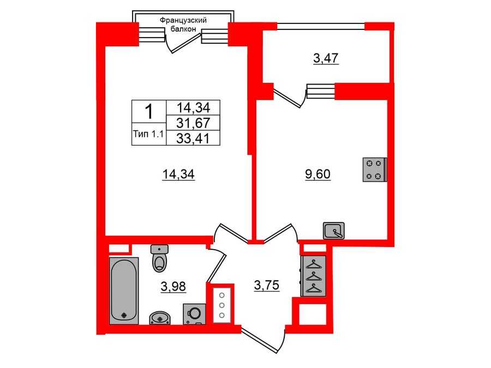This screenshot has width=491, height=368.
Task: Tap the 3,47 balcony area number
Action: pyautogui.click(x=326, y=58)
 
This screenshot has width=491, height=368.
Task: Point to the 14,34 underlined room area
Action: pyautogui.click(x=178, y=174)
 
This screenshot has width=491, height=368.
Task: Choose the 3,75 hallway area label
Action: pyautogui.click(x=267, y=285)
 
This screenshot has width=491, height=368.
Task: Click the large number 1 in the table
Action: pyautogui.click(x=147, y=112)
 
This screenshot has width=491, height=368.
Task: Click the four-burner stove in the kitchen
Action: pyautogui.click(x=375, y=170)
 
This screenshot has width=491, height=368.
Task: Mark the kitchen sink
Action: pyautogui.click(x=333, y=231)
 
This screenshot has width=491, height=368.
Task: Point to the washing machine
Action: pyautogui.click(x=194, y=313)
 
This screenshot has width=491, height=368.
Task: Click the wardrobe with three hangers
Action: pyautogui.click(x=314, y=276)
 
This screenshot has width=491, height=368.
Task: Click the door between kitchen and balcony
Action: pyautogui.click(x=289, y=98)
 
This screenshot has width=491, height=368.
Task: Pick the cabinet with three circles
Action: pyautogui.click(x=221, y=305)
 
